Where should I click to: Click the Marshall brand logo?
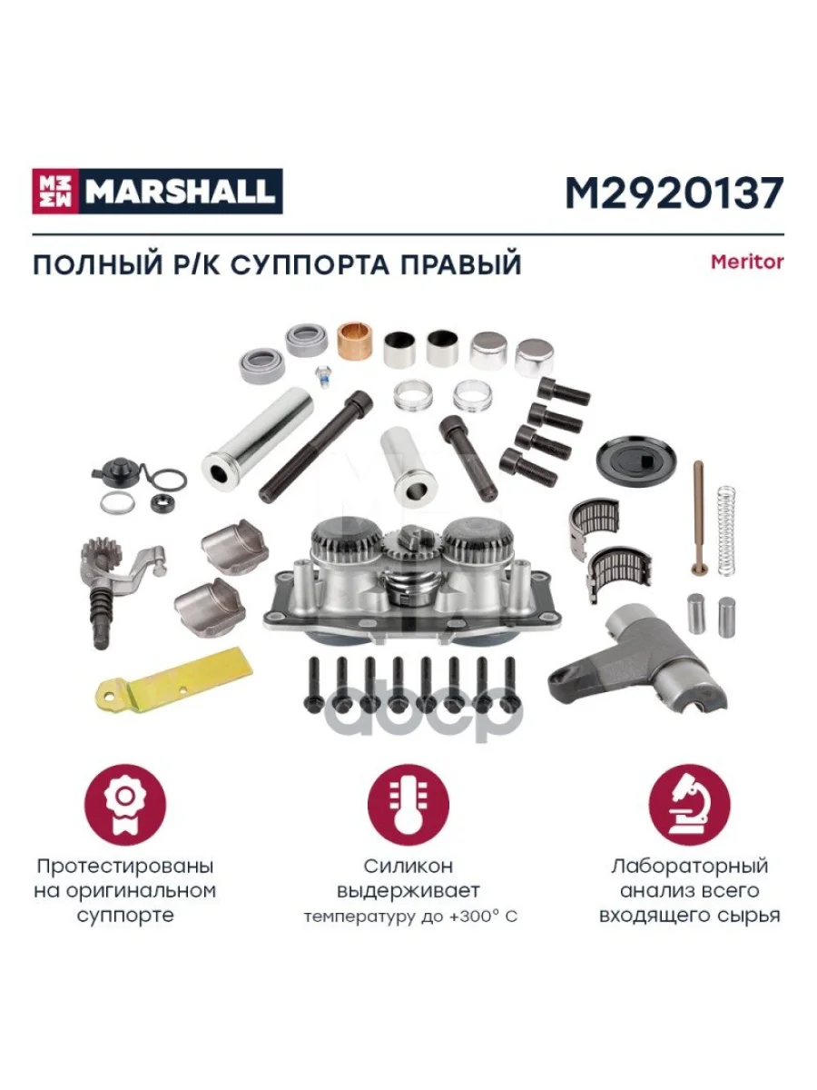(x=157, y=191)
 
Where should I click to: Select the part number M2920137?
(x=674, y=193)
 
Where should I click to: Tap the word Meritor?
(x=747, y=262)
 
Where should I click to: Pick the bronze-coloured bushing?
(x=356, y=342)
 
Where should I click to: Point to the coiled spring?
(x=727, y=531)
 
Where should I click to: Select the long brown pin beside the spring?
(x=697, y=518)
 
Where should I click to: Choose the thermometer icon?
(x=408, y=806)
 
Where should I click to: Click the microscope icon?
(x=690, y=806)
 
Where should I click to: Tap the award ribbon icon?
(x=125, y=806)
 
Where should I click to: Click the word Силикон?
(x=408, y=867)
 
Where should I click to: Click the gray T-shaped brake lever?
(x=638, y=658)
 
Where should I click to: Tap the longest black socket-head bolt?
(x=316, y=446)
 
